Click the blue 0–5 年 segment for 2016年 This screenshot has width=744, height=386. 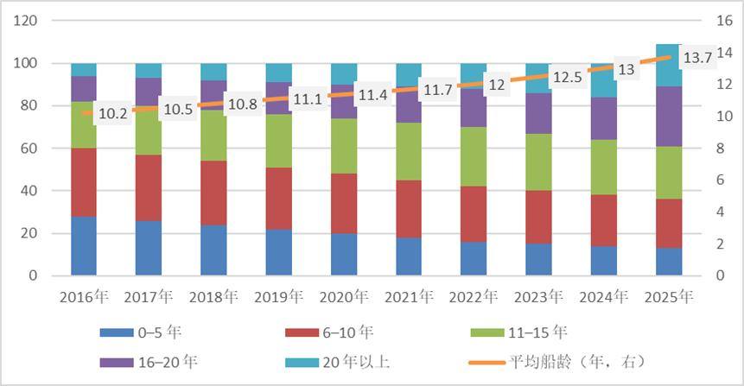tap(84, 245)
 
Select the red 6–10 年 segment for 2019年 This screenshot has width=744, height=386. tap(278, 198)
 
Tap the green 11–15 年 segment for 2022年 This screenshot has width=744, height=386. tap(474, 156)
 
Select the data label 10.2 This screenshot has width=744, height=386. tap(112, 112)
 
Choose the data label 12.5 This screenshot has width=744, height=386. tap(567, 77)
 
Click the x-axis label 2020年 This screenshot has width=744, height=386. tap(343, 297)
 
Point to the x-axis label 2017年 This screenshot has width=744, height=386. tap(149, 297)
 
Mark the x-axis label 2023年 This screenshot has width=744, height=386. tap(538, 297)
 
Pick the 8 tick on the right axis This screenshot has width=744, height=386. tap(721, 149)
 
